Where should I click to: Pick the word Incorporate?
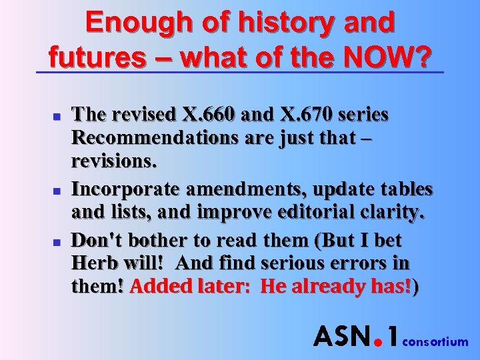click(x=125, y=189)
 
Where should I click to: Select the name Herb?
click(x=93, y=263)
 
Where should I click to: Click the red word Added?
click(x=159, y=288)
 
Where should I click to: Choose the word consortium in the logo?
click(x=437, y=342)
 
